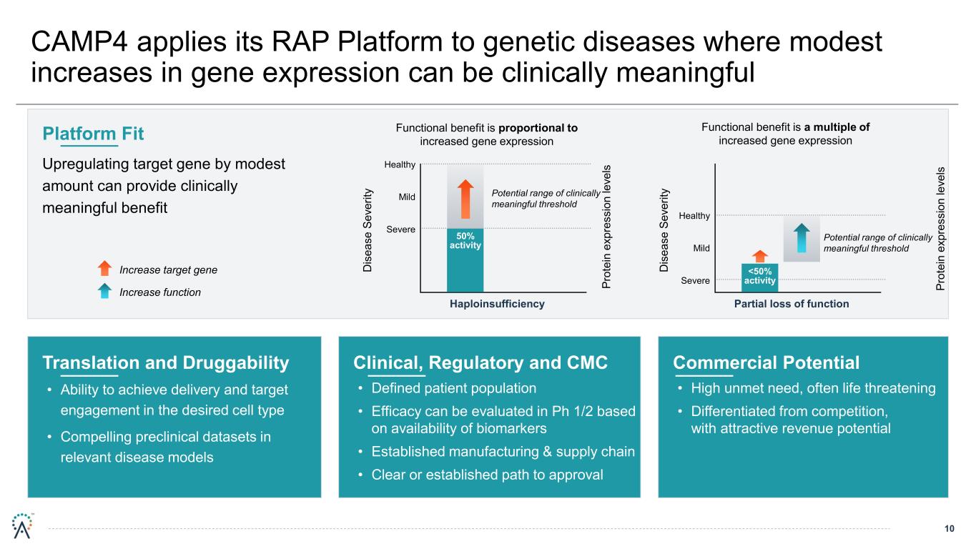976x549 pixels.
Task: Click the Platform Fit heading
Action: point(93,134)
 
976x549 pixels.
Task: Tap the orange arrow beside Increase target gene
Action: point(104,269)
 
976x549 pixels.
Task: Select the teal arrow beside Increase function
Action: point(104,291)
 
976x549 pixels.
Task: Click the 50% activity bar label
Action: point(465,241)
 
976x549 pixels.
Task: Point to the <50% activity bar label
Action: point(759,276)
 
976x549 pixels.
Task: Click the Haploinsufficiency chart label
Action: point(497,304)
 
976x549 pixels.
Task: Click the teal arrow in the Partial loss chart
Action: point(802,238)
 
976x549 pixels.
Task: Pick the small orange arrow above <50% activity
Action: point(759,255)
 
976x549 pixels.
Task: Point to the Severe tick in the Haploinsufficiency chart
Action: point(400,229)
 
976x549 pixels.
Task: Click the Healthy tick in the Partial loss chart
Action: point(695,216)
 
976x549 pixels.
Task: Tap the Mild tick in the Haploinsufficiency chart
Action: point(406,197)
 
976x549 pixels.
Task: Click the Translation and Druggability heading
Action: point(166,363)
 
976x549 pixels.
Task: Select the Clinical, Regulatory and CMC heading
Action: point(480,363)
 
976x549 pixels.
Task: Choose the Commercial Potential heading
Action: point(766,363)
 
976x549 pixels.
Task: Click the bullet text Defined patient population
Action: point(453,389)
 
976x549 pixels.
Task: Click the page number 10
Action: point(950,529)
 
